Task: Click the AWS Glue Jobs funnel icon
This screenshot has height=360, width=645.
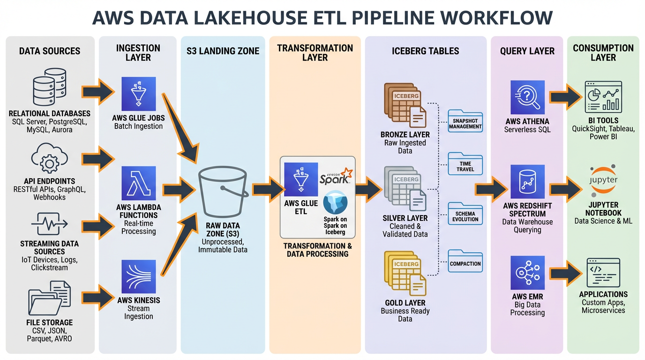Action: point(138,94)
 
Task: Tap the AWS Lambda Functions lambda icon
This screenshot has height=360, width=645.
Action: point(138,183)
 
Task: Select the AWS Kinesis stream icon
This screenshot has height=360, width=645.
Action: point(138,277)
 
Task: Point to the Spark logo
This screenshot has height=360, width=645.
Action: point(335,177)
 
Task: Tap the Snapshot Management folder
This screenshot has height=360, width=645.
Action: point(465,121)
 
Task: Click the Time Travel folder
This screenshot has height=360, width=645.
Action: point(465,164)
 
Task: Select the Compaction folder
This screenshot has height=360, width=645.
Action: point(465,261)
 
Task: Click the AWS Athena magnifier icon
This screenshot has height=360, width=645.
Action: point(527,97)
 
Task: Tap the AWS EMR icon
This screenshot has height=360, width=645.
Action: point(527,273)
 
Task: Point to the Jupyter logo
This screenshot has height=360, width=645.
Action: point(603,180)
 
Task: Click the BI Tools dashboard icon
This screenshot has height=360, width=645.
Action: point(603,97)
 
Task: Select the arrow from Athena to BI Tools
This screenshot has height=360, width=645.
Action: point(565,97)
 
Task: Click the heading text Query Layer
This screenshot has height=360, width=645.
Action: point(527,51)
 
